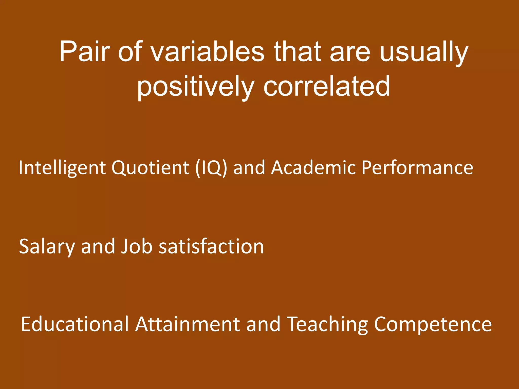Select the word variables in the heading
(208, 52)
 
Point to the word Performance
(417, 168)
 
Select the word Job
(137, 246)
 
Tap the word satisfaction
(211, 246)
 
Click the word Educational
(75, 324)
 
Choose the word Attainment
(188, 324)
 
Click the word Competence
(433, 324)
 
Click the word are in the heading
(350, 52)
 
